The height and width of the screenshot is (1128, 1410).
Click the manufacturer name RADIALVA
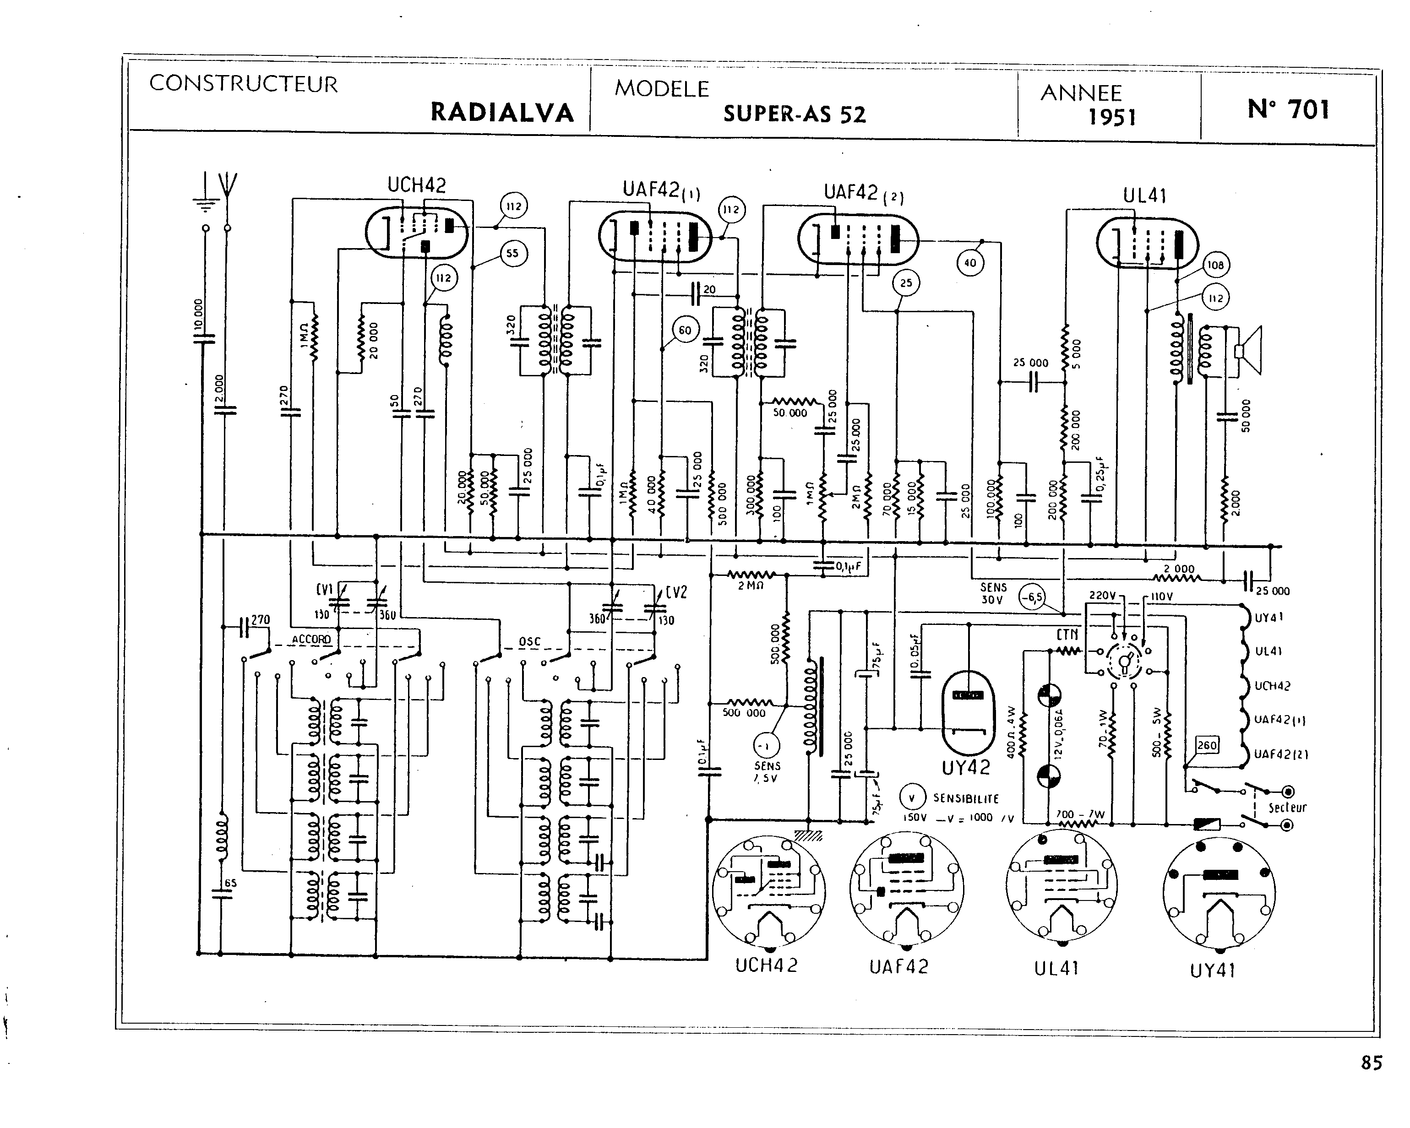(501, 113)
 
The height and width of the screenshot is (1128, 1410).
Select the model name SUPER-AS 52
(794, 115)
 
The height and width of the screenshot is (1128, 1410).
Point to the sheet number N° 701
(1288, 109)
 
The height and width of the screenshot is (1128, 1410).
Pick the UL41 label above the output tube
(1144, 195)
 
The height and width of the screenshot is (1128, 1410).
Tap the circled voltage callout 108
(1215, 266)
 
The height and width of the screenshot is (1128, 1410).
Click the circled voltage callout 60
(685, 330)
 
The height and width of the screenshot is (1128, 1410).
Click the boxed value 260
(1207, 745)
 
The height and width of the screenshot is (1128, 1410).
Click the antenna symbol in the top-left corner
(227, 184)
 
